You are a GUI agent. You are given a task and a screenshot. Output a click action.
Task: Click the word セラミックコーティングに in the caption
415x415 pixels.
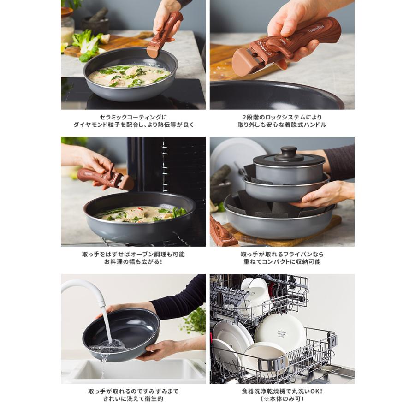[133, 117]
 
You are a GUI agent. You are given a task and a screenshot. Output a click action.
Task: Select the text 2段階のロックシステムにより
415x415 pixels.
[282, 117]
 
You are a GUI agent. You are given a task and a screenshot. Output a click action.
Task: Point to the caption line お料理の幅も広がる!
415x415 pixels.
[133, 261]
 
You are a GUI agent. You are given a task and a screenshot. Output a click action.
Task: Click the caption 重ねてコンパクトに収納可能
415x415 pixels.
[282, 261]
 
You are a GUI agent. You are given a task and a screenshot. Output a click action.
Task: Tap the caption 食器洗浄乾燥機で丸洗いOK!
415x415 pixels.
[282, 391]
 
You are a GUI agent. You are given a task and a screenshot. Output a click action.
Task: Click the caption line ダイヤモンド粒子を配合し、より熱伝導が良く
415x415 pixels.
[133, 125]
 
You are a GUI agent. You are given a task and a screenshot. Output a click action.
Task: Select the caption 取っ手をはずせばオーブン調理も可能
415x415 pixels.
[133, 254]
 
